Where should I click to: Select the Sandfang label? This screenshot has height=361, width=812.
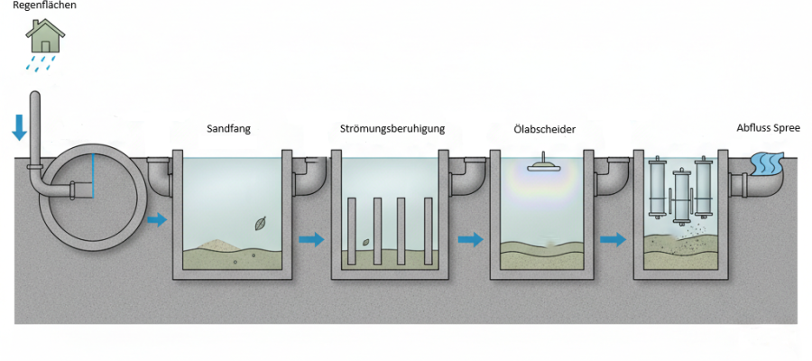pyautogui.click(x=228, y=129)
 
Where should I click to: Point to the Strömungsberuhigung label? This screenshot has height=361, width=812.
pyautogui.click(x=392, y=129)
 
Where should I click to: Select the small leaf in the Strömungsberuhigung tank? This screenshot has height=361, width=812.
pyautogui.click(x=366, y=242)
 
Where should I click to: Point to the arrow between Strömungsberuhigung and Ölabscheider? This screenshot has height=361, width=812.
pyautogui.click(x=469, y=239)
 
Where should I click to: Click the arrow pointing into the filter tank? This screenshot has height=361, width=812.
pyautogui.click(x=613, y=239)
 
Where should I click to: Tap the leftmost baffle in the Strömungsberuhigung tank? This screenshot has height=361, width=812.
pyautogui.click(x=351, y=230)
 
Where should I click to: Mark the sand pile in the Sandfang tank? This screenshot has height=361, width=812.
pyautogui.click(x=212, y=245)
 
